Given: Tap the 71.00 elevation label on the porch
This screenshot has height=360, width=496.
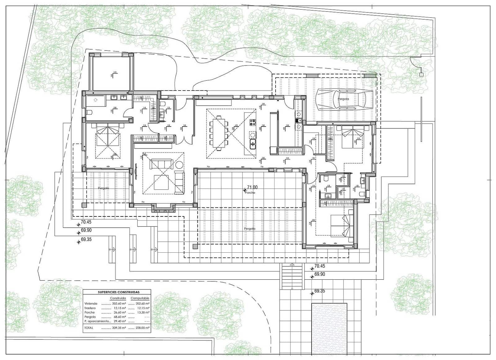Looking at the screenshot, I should click(252, 187).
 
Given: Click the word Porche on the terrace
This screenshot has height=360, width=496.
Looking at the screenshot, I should click(250, 193).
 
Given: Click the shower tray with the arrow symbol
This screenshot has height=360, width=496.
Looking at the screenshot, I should click(95, 100).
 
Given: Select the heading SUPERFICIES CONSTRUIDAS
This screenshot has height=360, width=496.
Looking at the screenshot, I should click(118, 292).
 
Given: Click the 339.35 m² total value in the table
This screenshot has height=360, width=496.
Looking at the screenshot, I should click(119, 327).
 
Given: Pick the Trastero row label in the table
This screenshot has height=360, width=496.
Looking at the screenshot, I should click(90, 308).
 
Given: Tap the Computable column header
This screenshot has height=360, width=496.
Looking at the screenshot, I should click(140, 298).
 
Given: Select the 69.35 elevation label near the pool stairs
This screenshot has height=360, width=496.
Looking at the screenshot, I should click(320, 291).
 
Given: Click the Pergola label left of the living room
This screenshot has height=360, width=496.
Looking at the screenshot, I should click(103, 188).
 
